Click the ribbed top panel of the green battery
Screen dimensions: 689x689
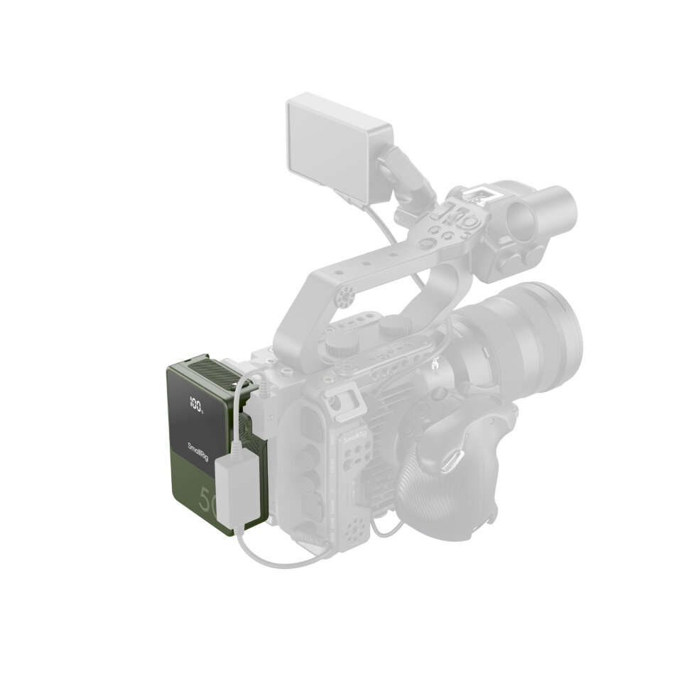[x=210, y=374]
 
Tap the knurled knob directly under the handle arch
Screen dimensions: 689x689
[x=391, y=328]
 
